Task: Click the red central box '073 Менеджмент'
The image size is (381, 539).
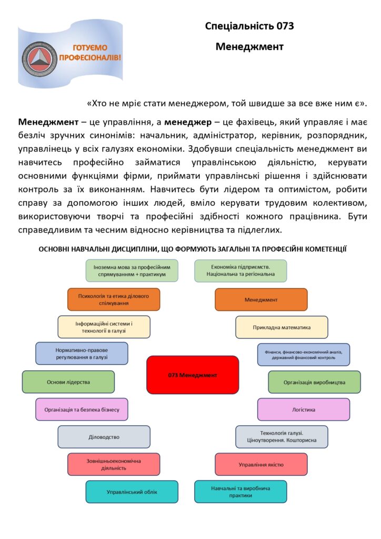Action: point(192,375)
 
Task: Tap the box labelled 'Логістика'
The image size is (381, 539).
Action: point(304,409)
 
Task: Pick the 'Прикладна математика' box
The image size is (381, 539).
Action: point(282,327)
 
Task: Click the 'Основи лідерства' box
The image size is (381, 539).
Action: point(68,382)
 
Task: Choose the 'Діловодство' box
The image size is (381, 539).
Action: point(104,436)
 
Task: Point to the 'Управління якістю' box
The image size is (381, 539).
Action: point(261,464)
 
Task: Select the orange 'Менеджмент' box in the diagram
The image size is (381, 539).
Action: point(261,300)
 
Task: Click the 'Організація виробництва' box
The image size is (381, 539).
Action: point(314,382)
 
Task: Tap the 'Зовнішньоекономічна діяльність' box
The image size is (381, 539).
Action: point(114,464)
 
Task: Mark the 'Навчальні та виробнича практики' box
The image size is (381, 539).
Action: point(240,492)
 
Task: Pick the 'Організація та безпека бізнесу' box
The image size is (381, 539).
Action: point(82,409)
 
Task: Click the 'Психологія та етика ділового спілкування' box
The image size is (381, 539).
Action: point(114,300)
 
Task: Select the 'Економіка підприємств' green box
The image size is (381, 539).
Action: point(240,271)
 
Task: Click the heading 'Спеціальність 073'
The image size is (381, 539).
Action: point(249,26)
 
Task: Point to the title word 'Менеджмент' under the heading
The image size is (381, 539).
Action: point(249,46)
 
